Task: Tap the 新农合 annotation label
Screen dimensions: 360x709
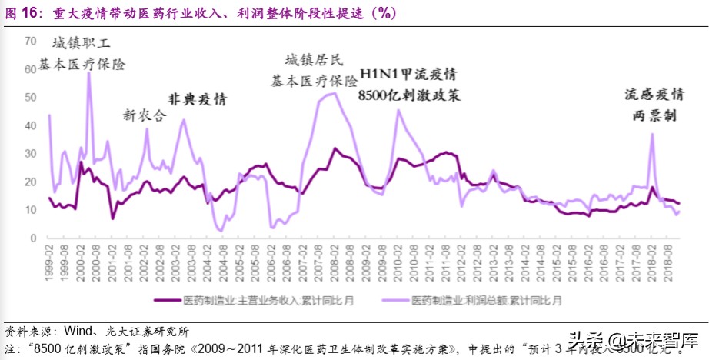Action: (x=144, y=115)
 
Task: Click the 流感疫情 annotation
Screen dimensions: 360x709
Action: (x=654, y=95)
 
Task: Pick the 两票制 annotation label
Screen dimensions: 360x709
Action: (x=654, y=115)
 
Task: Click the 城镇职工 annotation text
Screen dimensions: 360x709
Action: (x=82, y=42)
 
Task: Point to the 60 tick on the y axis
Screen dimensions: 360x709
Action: (x=31, y=68)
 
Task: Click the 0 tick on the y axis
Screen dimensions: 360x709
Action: (x=34, y=238)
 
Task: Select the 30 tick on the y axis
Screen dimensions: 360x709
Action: (x=31, y=153)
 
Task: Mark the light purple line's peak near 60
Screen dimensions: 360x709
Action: (x=88, y=72)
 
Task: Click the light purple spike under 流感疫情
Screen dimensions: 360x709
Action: (x=652, y=134)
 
